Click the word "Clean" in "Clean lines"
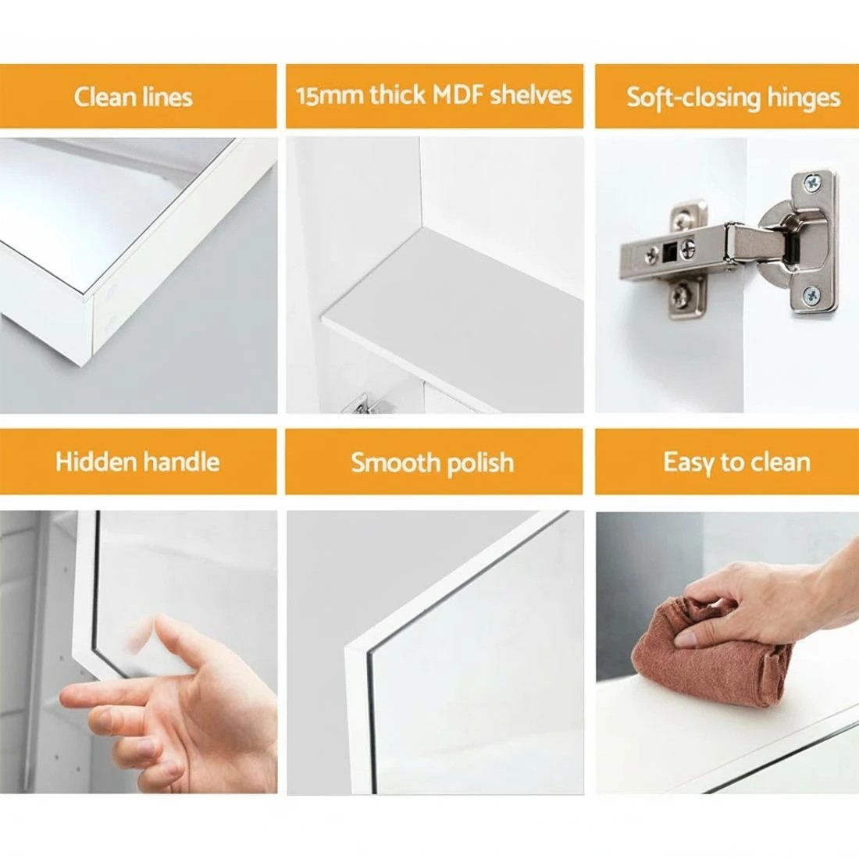pyautogui.click(x=105, y=97)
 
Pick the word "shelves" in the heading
pyautogui.click(x=531, y=94)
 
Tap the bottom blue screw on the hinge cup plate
pyautogui.click(x=811, y=297)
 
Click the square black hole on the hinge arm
pyautogui.click(x=668, y=251)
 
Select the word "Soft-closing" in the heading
pyautogui.click(x=693, y=98)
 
